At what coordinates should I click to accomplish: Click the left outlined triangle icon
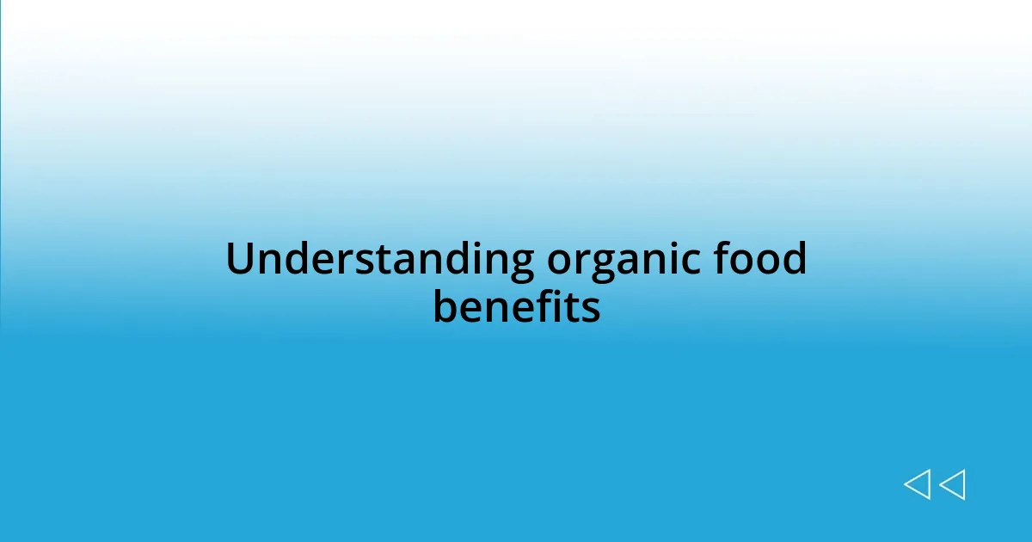point(917,485)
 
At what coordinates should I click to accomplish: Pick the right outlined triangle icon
point(952,485)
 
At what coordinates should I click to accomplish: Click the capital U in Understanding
point(240,259)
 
